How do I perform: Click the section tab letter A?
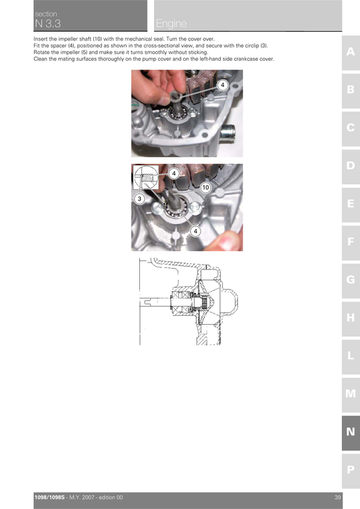pos(351,52)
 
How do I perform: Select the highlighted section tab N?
pos(351,431)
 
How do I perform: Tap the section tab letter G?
pos(351,279)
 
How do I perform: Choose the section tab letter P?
pos(351,469)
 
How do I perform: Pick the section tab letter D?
pos(351,165)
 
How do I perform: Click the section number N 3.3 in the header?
pos(47,24)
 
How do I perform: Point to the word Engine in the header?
pos(172,25)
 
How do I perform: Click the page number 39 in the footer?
pos(337,498)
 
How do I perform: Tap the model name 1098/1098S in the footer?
pos(51,498)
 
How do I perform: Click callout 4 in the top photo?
pos(223,85)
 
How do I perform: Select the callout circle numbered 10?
pos(206,186)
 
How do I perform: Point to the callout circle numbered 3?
pos(138,199)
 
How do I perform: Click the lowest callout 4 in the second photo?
pos(196,231)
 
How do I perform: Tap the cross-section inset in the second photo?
pos(143,179)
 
